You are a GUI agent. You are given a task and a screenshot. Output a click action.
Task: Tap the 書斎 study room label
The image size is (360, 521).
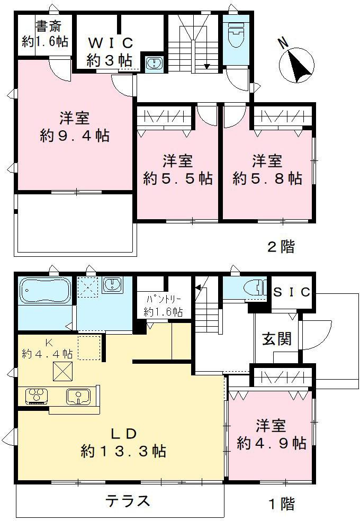[46, 33]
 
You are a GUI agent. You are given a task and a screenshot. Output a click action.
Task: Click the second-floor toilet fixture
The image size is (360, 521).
[233, 35]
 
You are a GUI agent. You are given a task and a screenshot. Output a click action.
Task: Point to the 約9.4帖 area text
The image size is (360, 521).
[75, 136]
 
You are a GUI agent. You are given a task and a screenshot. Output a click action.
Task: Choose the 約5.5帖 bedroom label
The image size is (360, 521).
[178, 178]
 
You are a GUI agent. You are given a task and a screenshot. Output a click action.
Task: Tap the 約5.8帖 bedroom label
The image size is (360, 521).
[267, 178]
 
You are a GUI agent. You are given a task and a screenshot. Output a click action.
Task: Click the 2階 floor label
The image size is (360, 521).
[281, 246]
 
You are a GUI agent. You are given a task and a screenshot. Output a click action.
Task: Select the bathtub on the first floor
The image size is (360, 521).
[45, 291]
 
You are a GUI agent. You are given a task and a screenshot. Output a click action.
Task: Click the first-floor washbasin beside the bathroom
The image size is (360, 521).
[112, 285]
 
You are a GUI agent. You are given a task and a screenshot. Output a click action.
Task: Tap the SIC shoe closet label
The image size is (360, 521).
[292, 292]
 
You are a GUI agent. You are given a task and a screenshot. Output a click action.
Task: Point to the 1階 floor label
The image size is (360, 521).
[281, 504]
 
